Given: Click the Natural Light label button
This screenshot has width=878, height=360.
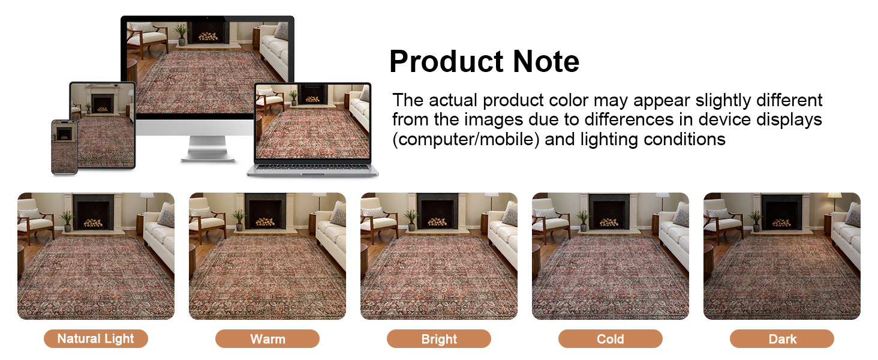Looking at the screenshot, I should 96,339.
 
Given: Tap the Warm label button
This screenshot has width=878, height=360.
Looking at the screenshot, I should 267,339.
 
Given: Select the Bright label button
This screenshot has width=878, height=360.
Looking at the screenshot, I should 439,339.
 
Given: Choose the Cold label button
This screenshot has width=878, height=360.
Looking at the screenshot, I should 611,339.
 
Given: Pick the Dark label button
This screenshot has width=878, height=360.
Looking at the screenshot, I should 782,339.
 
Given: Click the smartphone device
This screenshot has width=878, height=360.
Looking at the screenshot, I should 64,146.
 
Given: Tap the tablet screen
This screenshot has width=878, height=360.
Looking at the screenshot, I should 103,124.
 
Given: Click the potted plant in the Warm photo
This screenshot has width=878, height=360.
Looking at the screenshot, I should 239,219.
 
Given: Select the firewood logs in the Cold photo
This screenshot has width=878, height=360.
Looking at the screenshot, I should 609,223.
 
